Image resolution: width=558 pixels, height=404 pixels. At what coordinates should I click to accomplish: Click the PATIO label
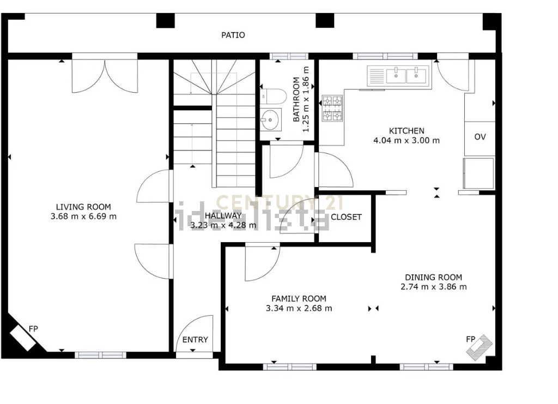pyautogui.click(x=233, y=35)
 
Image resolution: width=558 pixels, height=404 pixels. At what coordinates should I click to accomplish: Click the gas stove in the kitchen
pyautogui.click(x=332, y=108)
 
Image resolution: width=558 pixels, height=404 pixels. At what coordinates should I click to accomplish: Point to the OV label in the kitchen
pyautogui.click(x=480, y=137)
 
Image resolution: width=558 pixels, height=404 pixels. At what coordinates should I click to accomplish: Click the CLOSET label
pyautogui.click(x=346, y=217)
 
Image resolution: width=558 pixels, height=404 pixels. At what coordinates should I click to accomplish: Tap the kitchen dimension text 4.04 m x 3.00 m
pyautogui.click(x=407, y=141)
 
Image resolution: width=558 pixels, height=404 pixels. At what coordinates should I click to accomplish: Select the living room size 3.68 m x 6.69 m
pyautogui.click(x=83, y=216)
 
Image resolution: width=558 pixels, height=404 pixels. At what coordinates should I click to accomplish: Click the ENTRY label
pyautogui.click(x=195, y=340)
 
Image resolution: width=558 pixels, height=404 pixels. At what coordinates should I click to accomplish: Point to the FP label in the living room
pyautogui.click(x=33, y=329)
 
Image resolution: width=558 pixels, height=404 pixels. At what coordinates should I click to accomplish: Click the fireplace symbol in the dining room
pyautogui.click(x=480, y=348)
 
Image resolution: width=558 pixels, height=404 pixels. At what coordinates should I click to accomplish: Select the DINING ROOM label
pyautogui.click(x=433, y=278)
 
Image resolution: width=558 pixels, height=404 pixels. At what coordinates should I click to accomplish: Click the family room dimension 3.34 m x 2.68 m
pyautogui.click(x=299, y=308)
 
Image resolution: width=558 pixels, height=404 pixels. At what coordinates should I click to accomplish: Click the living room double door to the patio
pyautogui.click(x=105, y=75)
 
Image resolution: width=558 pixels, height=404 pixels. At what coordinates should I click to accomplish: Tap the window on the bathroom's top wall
pyautogui.click(x=289, y=56)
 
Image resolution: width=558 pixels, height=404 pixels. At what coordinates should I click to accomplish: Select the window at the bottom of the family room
pyautogui.click(x=290, y=367)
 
